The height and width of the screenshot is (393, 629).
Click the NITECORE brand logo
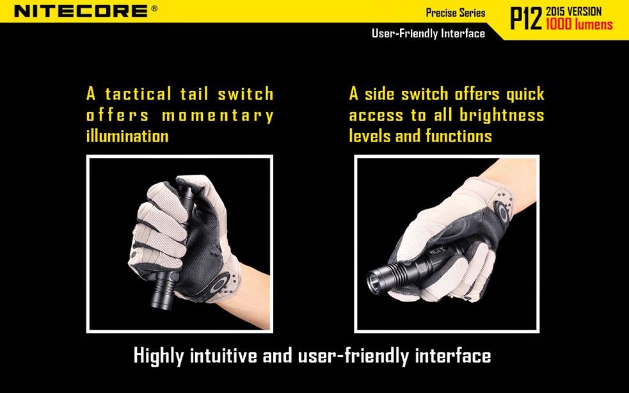click(81, 11)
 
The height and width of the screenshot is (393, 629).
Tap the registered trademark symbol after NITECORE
click(154, 8)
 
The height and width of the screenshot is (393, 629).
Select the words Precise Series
click(456, 13)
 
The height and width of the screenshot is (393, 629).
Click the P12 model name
click(526, 19)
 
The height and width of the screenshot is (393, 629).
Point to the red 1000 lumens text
click(579, 24)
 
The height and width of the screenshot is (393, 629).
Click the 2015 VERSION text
click(573, 12)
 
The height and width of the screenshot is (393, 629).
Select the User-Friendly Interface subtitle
click(428, 33)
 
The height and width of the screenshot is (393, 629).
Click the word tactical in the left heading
click(138, 94)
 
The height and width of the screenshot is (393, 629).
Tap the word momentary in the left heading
click(218, 116)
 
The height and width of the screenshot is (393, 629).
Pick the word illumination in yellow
click(127, 136)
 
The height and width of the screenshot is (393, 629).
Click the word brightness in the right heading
click(502, 115)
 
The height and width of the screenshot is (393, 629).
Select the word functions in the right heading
click(459, 136)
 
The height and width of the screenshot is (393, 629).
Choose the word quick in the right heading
click(525, 95)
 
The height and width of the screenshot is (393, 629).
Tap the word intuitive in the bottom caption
click(223, 355)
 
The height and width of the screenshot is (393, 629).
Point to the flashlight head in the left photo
click(164, 289)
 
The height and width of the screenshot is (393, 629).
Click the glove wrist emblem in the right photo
click(502, 212)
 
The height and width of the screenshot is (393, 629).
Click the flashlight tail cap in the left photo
click(186, 196)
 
